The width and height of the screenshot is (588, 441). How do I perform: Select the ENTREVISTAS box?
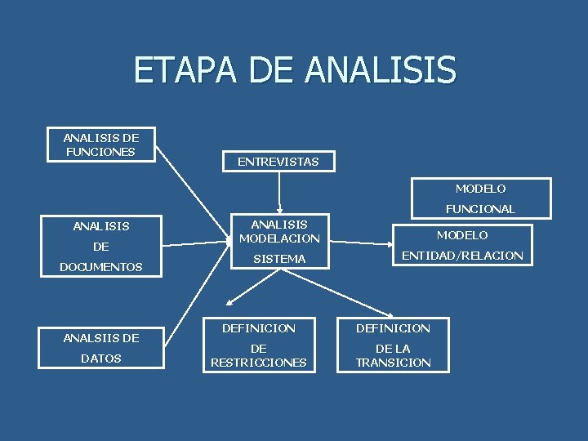278,162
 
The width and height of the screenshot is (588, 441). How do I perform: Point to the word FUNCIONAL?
480,209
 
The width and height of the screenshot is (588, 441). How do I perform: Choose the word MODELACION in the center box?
279,238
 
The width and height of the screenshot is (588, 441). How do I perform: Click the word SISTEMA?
279,259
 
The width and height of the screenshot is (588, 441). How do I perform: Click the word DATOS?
101,359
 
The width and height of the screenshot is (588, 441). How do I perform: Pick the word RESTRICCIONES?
258,363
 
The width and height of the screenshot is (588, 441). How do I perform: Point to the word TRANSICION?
394,363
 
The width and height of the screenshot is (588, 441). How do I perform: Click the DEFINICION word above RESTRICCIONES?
259,328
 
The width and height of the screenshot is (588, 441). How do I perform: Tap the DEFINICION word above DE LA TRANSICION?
394,328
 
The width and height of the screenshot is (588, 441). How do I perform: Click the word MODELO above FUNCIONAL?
481,189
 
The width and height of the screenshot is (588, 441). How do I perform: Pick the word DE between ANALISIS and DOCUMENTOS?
101,246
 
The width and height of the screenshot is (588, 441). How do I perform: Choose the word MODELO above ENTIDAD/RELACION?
462,235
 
